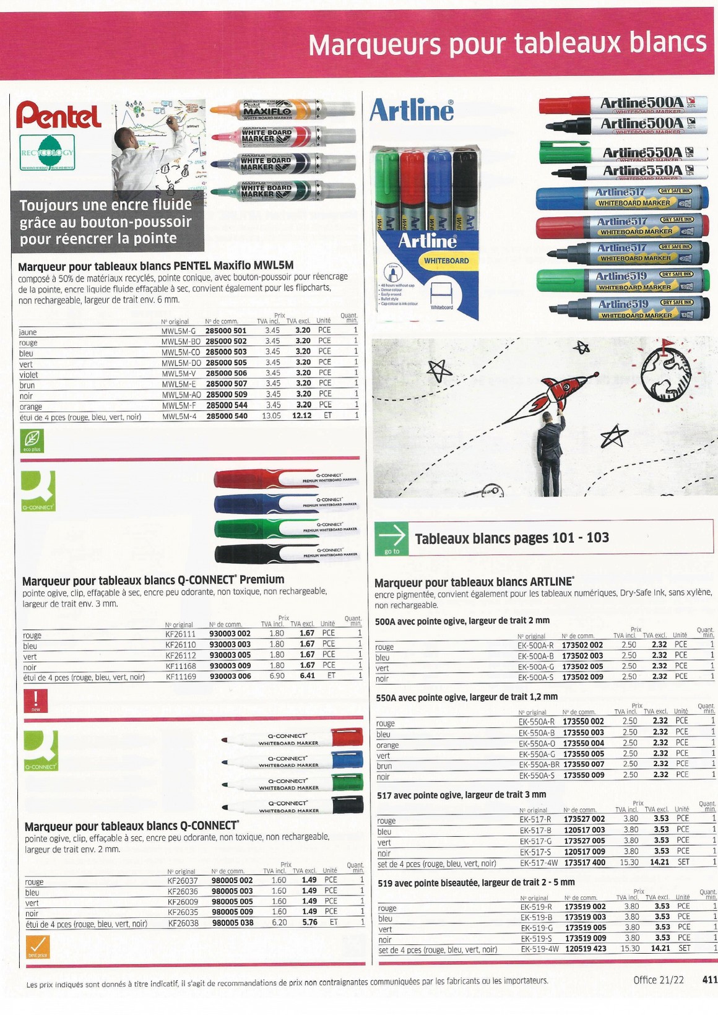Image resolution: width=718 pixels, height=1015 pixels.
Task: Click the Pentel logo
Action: [59, 116]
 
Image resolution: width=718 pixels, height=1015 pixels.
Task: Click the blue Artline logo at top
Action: [412, 111]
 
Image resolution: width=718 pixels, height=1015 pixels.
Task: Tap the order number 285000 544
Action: [226, 405]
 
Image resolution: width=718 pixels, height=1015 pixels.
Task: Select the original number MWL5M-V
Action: [178, 373]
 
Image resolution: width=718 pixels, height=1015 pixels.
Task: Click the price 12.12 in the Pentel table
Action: [302, 415]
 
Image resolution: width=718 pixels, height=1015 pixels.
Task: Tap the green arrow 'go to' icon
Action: [392, 538]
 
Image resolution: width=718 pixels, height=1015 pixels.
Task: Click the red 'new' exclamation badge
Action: [35, 701]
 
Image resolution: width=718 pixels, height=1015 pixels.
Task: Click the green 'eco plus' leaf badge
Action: [32, 441]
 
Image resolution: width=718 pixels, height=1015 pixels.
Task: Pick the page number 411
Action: [709, 980]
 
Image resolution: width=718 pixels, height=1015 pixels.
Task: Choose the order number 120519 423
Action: [586, 948]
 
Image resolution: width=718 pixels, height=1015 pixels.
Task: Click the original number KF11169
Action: [181, 676]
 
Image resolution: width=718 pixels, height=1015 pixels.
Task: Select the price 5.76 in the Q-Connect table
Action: [309, 922]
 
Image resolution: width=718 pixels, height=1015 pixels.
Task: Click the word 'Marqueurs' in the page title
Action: [376, 45]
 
